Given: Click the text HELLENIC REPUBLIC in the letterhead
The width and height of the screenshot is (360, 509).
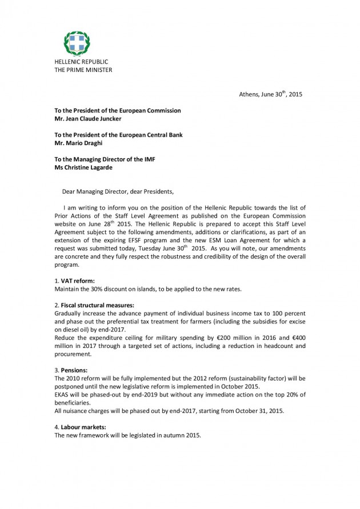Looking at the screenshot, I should click(x=81, y=62).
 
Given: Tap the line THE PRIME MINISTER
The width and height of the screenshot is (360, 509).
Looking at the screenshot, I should click(x=83, y=70).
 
